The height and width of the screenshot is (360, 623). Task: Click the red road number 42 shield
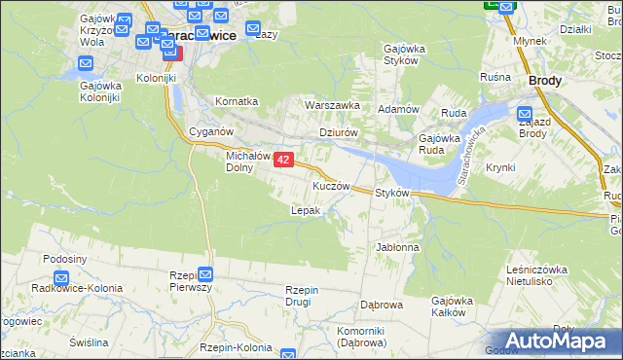coord(283,159)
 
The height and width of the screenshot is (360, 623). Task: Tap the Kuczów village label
coord(331,185)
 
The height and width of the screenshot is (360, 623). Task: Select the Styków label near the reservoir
coord(397,193)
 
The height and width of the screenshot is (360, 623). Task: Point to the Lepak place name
coord(306,210)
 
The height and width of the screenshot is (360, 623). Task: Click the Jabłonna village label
coord(397,247)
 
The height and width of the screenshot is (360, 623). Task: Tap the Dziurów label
coord(340,133)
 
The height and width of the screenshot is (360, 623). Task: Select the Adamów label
coord(397,109)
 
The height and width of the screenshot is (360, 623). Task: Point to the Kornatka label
coord(237,100)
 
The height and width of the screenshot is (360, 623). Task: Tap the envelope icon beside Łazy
coord(252,31)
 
